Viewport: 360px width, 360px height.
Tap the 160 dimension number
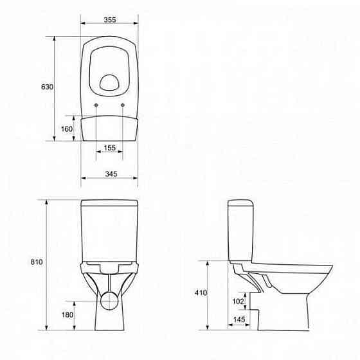click(66, 129)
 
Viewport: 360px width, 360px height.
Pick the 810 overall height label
click(36, 262)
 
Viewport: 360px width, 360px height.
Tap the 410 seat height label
click(201, 292)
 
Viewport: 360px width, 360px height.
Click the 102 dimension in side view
click(239, 301)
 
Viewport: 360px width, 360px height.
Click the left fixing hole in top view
click(96, 105)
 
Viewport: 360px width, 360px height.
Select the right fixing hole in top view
click(122, 105)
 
